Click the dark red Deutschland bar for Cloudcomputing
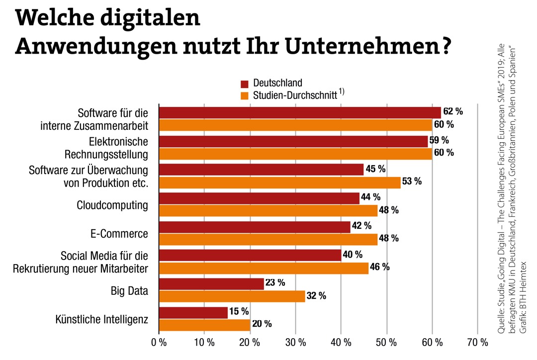click(x=259, y=198)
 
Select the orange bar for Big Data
click(x=231, y=296)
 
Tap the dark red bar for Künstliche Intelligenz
click(x=193, y=312)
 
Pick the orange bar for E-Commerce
click(x=268, y=239)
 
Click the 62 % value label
click(x=452, y=111)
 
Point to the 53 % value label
click(x=412, y=181)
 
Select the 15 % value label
click(x=239, y=312)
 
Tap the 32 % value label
click(x=316, y=296)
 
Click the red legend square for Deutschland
click(x=245, y=83)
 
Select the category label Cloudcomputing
click(x=112, y=205)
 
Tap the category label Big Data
click(x=129, y=290)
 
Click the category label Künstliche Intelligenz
click(x=102, y=319)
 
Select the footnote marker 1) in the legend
click(x=342, y=91)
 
